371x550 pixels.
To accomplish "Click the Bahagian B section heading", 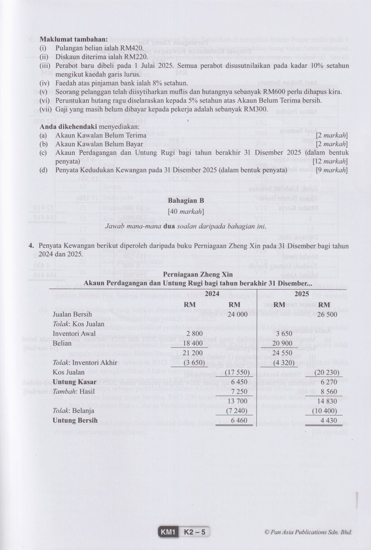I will click(186, 201).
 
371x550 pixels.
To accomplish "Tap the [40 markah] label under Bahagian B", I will click(186, 211).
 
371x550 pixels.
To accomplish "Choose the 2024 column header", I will click(212, 294).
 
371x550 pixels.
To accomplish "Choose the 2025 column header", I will click(302, 294).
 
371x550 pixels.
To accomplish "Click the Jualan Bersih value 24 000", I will click(238, 314).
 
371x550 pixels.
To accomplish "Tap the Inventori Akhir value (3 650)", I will click(194, 362).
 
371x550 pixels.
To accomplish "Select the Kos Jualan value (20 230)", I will click(325, 372).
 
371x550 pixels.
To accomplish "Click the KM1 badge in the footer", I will click(168, 532).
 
